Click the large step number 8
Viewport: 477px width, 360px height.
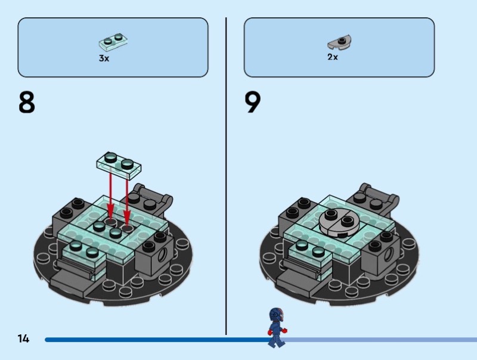pyautogui.click(x=27, y=103)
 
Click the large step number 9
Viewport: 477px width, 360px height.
pyautogui.click(x=252, y=102)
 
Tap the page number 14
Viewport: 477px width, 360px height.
pyautogui.click(x=23, y=339)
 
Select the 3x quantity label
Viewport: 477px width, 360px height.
pyautogui.click(x=104, y=58)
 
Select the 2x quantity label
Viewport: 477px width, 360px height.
pyautogui.click(x=333, y=57)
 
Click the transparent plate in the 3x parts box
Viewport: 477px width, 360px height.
pyautogui.click(x=113, y=41)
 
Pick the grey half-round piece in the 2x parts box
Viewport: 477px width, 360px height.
pyautogui.click(x=339, y=42)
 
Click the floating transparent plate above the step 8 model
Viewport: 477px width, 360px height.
pyautogui.click(x=119, y=165)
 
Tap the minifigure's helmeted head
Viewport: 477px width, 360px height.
pyautogui.click(x=276, y=315)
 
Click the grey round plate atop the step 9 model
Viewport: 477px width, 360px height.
pyautogui.click(x=339, y=222)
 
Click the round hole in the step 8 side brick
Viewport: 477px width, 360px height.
pyautogui.click(x=162, y=253)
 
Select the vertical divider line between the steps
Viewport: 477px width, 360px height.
pyautogui.click(x=226, y=176)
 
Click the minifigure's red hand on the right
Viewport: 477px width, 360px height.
pyautogui.click(x=284, y=330)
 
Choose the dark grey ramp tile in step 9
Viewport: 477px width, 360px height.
pyautogui.click(x=295, y=283)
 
